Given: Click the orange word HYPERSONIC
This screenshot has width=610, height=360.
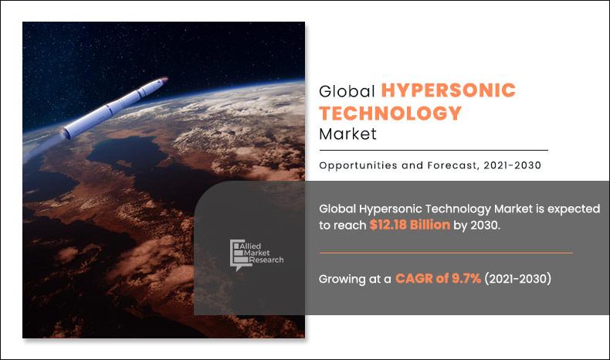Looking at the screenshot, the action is click(448, 90).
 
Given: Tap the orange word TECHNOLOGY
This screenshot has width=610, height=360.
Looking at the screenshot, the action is click(390, 114).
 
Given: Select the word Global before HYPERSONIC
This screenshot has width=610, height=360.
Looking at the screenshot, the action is click(347, 91).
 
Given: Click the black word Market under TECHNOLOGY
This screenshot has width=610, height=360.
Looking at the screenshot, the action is click(347, 134).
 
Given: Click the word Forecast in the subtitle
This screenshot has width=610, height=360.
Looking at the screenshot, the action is click(452, 165).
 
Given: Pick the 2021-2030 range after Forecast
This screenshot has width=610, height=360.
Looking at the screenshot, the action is click(513, 165).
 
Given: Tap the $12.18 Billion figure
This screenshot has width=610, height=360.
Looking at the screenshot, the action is click(410, 225).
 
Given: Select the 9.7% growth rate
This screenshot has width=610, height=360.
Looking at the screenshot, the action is click(466, 279).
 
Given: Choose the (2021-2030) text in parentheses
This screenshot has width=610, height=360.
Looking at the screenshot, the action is click(518, 279).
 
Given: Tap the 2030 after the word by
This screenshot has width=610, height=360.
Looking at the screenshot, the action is click(485, 226).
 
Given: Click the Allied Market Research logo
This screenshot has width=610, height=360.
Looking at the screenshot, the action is click(256, 254).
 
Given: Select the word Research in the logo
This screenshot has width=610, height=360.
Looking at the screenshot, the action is click(266, 260).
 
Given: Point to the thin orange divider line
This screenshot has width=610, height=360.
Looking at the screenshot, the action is click(446, 253).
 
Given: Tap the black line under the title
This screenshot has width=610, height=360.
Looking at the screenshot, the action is click(434, 150).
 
